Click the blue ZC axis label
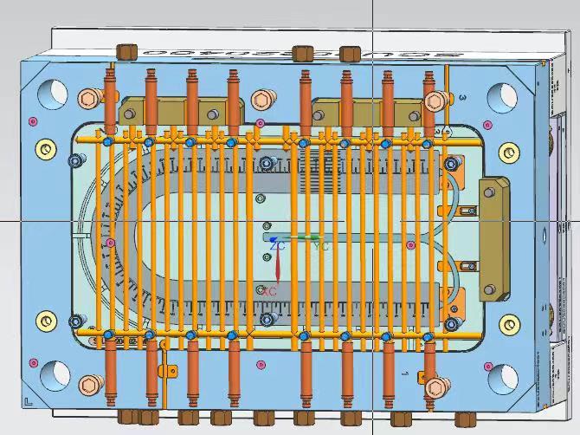[x=277, y=247]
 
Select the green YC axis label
[x=321, y=247]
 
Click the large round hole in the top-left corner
[x=53, y=90]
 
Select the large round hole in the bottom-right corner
[x=503, y=378]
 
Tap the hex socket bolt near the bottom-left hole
[x=88, y=384]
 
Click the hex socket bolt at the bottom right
[x=434, y=385]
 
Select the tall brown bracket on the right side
[x=493, y=239]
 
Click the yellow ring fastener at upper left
[x=43, y=149]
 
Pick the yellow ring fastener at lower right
[x=508, y=325]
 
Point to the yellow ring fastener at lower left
[x=44, y=320]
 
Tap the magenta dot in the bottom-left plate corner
[x=34, y=361]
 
